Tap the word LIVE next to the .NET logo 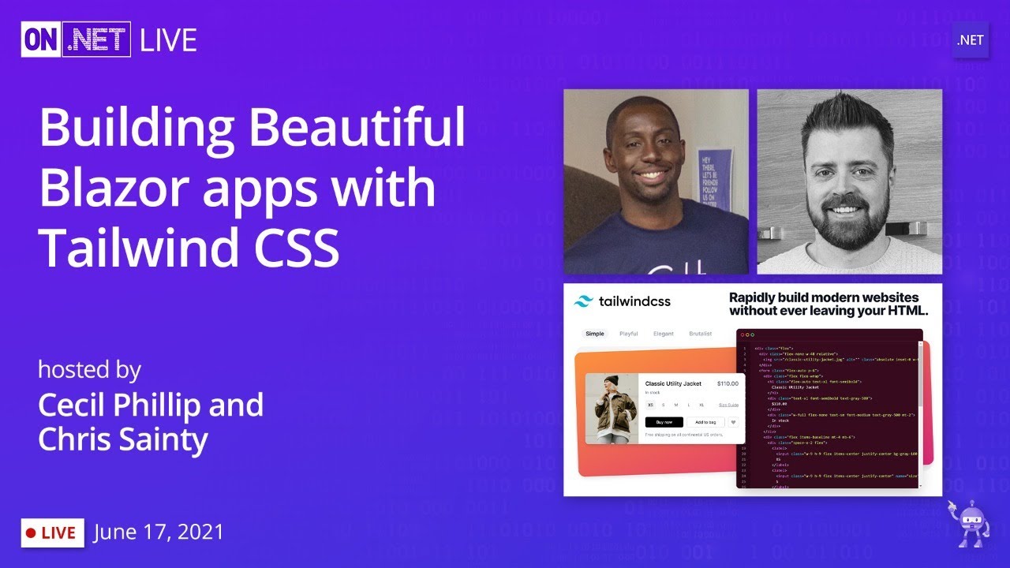point(168,39)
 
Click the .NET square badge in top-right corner point(970,40)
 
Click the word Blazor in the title point(122,189)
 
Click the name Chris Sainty point(122,439)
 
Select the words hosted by point(89,369)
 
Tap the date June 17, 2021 point(159,532)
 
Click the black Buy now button point(664,422)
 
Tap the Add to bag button point(705,422)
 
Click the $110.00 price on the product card point(727,383)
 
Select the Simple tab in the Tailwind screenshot point(595,334)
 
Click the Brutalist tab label point(700,334)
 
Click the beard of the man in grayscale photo point(848,219)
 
